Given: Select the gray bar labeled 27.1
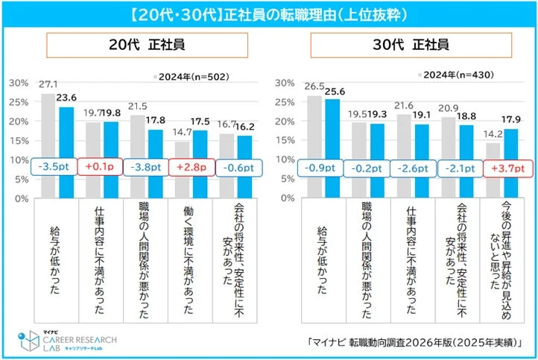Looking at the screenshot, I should (48, 146).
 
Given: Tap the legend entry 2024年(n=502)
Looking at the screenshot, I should (190, 77).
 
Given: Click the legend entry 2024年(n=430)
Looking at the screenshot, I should (455, 75).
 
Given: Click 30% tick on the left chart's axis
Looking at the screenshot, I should (19, 82).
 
